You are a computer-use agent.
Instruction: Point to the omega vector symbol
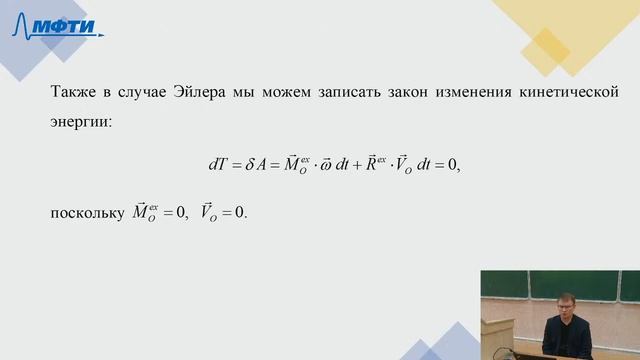pos(328,167)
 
